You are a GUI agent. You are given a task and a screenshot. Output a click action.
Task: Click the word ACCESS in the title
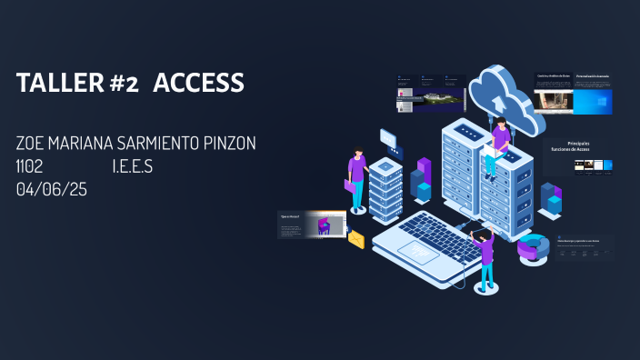[x=198, y=83]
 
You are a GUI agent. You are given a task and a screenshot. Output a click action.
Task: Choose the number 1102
[x=30, y=166]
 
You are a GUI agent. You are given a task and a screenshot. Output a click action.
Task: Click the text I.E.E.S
[x=133, y=166]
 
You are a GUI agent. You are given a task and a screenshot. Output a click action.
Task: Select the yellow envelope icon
[x=355, y=239]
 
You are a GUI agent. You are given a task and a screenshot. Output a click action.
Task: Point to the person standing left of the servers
[x=358, y=177]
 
